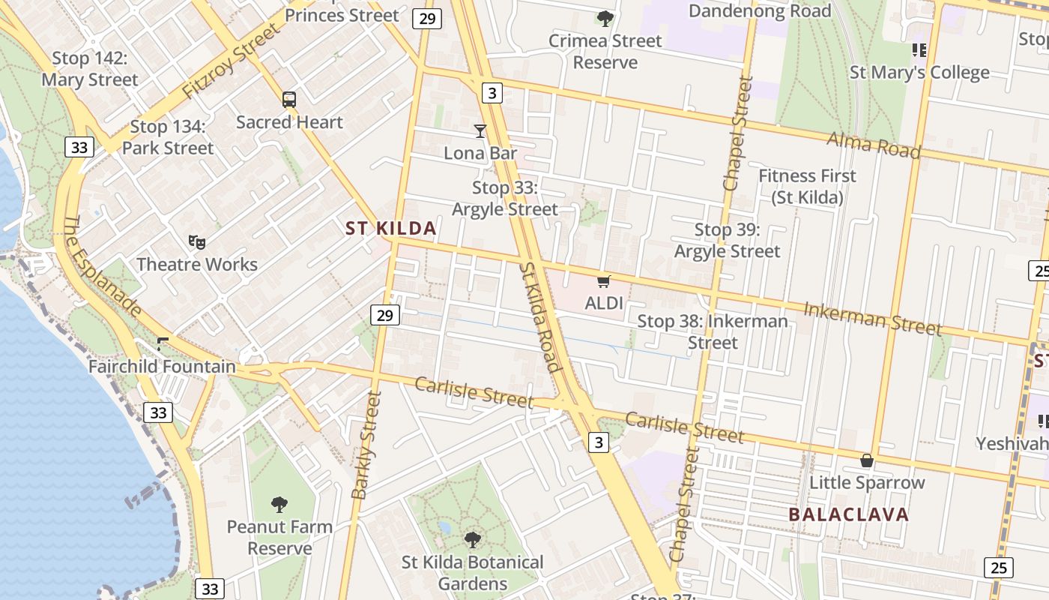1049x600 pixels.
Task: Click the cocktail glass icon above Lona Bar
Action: pos(480,131)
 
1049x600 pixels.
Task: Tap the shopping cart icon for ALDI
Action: pos(604,282)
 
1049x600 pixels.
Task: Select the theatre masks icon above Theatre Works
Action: pos(197,241)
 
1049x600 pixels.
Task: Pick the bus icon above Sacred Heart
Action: pos(289,99)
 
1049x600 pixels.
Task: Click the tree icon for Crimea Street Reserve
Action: pos(605,18)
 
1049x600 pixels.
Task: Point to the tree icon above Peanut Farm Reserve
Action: pos(279,504)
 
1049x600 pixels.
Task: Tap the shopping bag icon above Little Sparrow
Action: pos(867,460)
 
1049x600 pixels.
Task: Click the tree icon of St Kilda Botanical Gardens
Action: pos(472,539)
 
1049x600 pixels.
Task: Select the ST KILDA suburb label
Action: pos(391,229)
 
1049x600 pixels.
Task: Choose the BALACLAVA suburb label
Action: pos(849,514)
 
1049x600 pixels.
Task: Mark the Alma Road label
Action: pos(873,144)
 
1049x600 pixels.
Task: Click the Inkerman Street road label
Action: pos(872,318)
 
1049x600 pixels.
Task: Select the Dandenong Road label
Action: pos(760,11)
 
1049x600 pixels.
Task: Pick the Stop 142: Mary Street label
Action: pos(90,69)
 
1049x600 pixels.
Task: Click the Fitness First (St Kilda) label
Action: pos(807,186)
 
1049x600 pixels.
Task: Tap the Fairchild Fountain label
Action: pos(162,367)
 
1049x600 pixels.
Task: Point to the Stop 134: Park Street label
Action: pos(168,137)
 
